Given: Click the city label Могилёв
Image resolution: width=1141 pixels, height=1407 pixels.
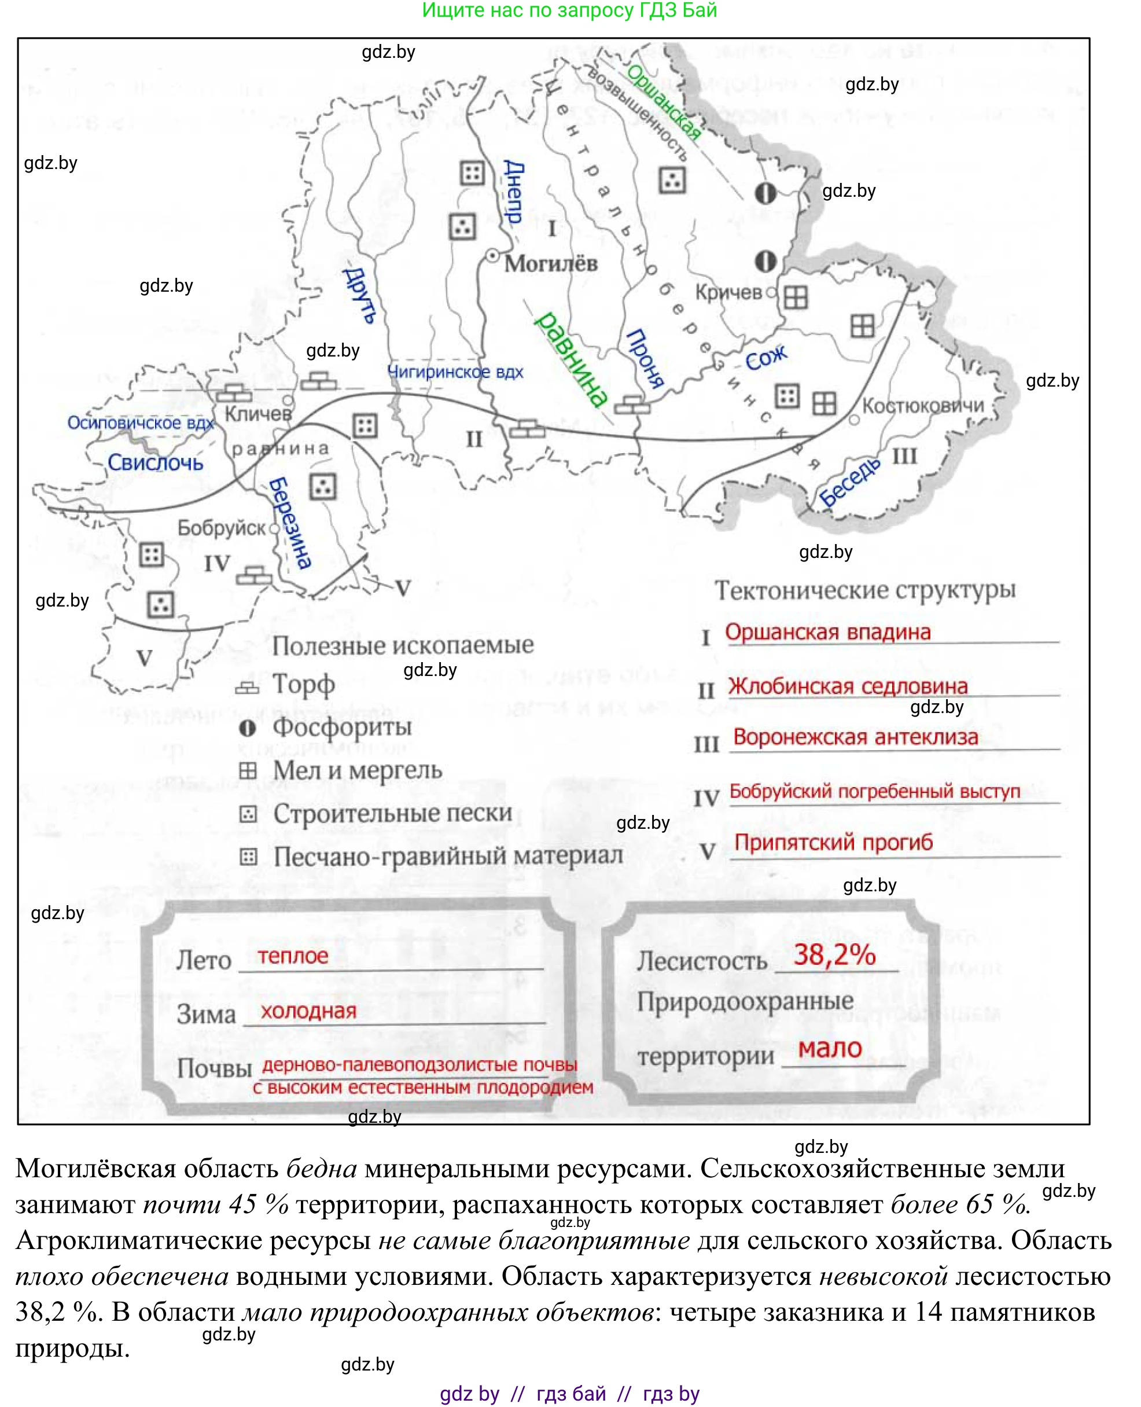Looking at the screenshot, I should point(551,264).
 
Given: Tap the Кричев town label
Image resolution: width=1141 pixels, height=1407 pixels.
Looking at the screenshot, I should point(728,292).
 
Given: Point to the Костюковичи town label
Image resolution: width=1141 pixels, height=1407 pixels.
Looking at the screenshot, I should point(923,406).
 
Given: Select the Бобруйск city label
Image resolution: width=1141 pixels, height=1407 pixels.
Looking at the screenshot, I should point(222,528).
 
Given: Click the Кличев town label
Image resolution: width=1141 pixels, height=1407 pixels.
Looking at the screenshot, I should point(257,414).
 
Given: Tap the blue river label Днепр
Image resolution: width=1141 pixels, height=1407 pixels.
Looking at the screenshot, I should point(514,192).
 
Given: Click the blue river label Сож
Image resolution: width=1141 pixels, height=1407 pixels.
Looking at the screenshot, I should point(765,358).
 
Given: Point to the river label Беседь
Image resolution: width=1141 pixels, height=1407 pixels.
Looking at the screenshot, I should point(849,482).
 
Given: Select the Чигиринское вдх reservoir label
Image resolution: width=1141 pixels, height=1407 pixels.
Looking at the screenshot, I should point(455,372).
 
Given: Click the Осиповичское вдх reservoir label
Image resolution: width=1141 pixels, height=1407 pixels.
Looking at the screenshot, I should point(141,423).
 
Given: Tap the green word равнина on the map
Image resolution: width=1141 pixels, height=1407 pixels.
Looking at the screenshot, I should point(570,359).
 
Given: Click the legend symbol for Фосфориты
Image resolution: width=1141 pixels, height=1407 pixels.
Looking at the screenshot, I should point(247,728).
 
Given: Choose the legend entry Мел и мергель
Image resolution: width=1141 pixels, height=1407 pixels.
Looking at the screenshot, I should point(357,770).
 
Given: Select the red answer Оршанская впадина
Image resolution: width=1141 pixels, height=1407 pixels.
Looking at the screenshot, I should point(827,632).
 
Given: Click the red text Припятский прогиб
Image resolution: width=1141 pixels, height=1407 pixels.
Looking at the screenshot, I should point(833,842).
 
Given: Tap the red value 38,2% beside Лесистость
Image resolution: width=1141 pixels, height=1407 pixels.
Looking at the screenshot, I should point(834,954).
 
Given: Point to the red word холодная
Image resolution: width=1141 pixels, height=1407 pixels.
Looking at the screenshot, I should point(308,1011).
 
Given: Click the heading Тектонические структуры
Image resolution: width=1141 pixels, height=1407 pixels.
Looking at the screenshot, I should point(865,590).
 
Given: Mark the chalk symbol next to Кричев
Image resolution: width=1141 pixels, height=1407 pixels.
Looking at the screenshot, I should point(795,297).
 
